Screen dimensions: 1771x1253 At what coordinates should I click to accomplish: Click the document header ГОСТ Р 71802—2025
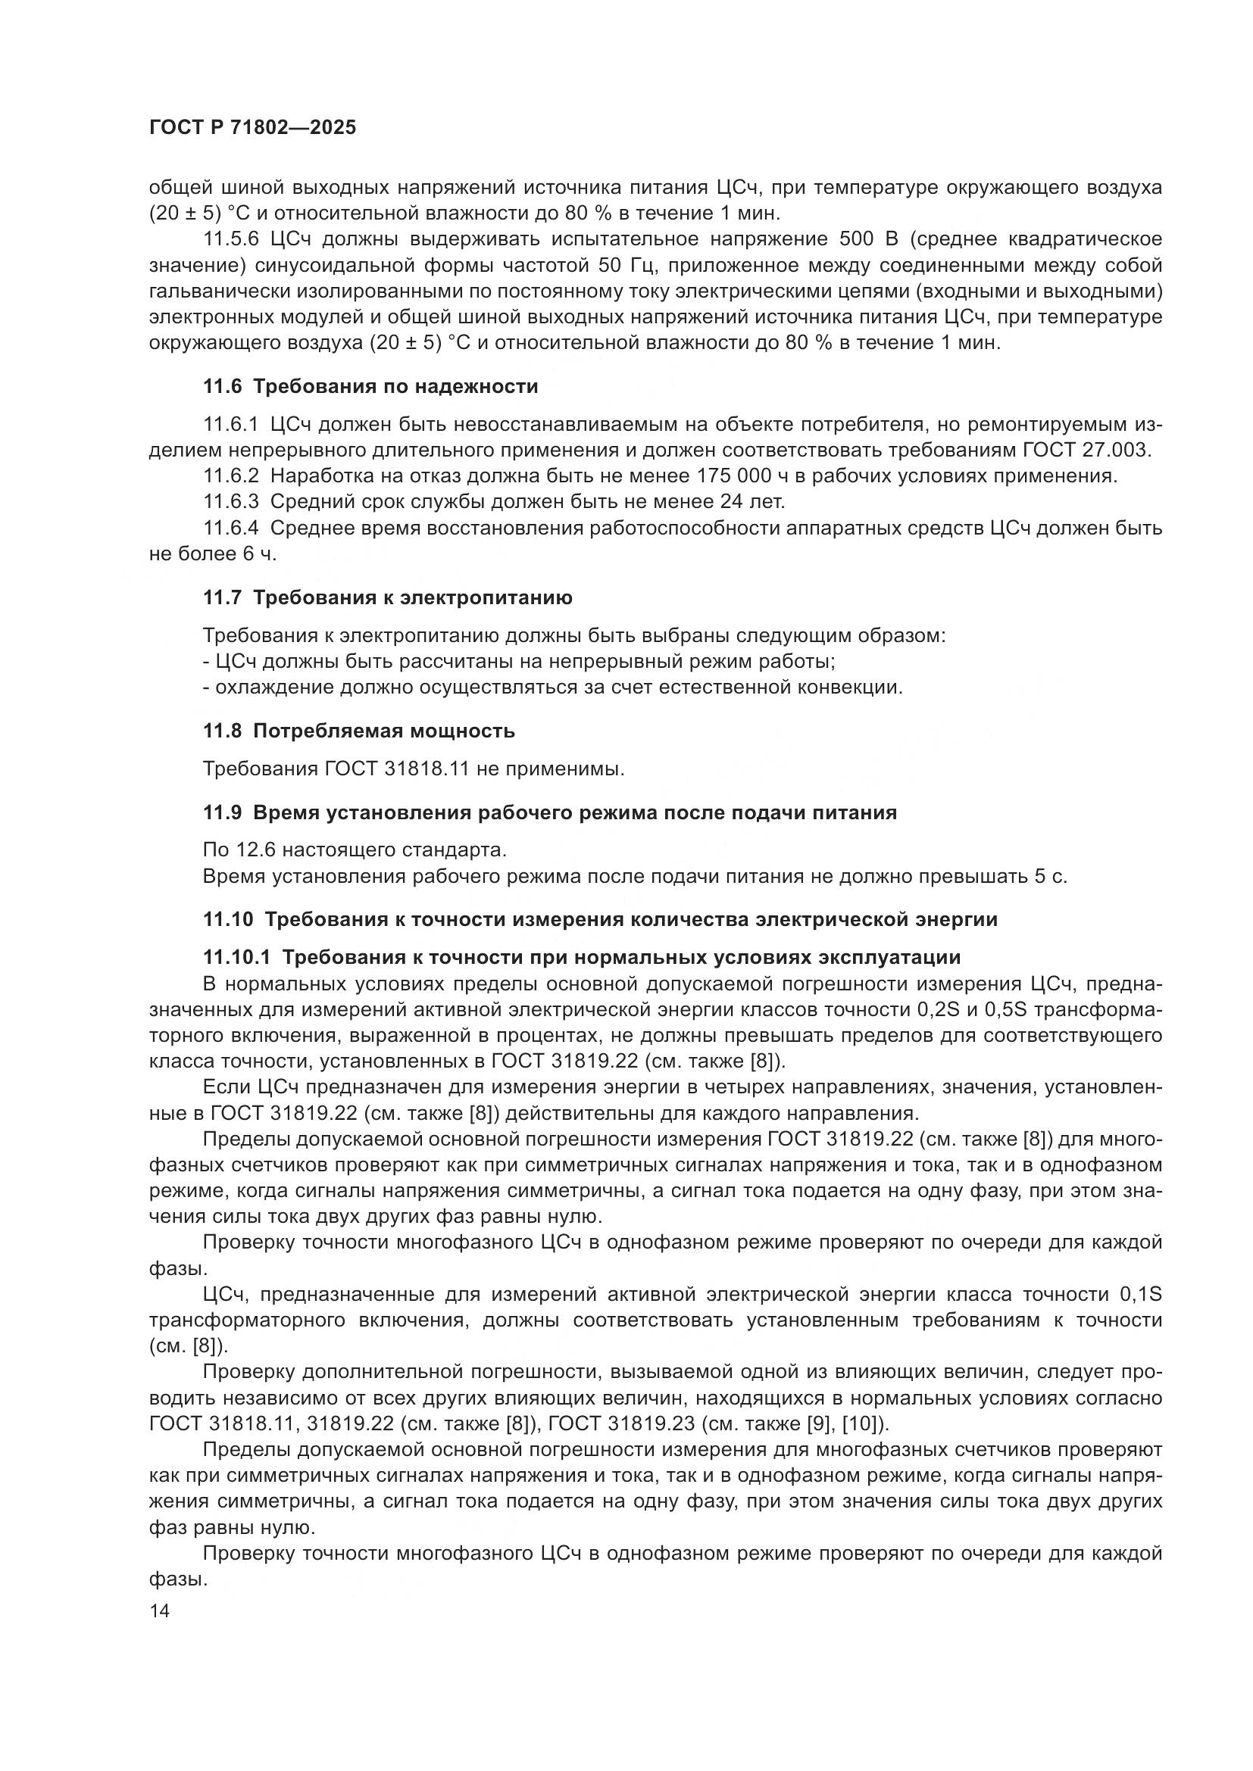252,128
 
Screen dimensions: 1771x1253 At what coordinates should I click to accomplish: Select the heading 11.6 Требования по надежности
370,386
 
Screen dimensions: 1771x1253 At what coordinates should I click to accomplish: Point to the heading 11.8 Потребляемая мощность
359,731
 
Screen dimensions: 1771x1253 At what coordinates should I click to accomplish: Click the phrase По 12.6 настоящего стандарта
355,850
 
